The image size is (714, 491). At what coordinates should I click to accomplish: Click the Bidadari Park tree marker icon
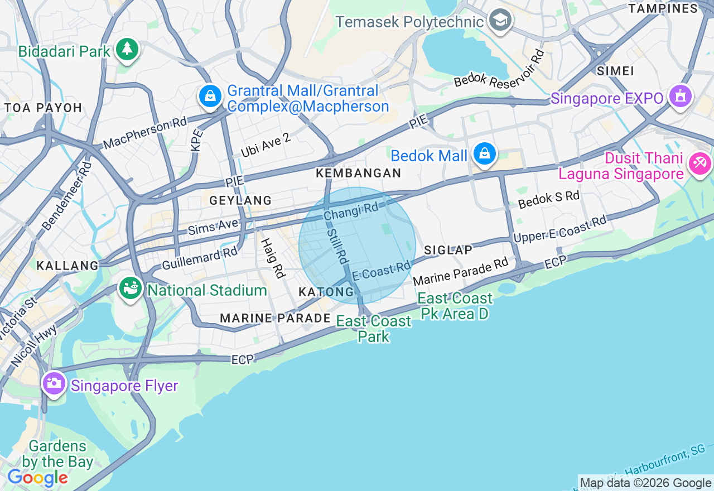(127, 50)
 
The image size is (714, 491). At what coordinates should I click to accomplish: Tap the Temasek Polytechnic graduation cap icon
(500, 21)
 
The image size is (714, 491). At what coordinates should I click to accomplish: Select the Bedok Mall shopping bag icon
(484, 153)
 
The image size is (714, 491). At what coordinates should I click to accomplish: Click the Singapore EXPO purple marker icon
(679, 97)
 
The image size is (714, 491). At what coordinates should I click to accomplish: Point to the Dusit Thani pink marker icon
(699, 163)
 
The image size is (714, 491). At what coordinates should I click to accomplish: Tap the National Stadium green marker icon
(130, 288)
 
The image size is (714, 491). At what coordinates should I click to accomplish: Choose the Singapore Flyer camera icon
(54, 383)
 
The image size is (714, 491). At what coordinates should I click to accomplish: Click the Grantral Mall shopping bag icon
(210, 97)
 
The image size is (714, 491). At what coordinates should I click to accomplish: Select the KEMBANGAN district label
(359, 173)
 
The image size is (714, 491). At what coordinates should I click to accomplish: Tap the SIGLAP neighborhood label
(448, 249)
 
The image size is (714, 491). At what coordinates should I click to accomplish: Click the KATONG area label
(326, 292)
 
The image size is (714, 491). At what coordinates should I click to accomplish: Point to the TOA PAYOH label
(44, 108)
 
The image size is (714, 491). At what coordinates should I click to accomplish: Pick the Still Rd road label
(337, 245)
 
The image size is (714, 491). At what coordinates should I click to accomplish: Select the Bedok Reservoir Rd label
(499, 69)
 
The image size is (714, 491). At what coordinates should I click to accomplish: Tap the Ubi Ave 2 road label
(266, 145)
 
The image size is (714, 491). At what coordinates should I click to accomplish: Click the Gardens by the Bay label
(57, 454)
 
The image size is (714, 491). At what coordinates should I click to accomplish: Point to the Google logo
(37, 478)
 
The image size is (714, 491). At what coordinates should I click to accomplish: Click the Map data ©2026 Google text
(645, 483)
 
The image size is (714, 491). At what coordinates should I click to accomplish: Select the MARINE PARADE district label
(276, 318)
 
